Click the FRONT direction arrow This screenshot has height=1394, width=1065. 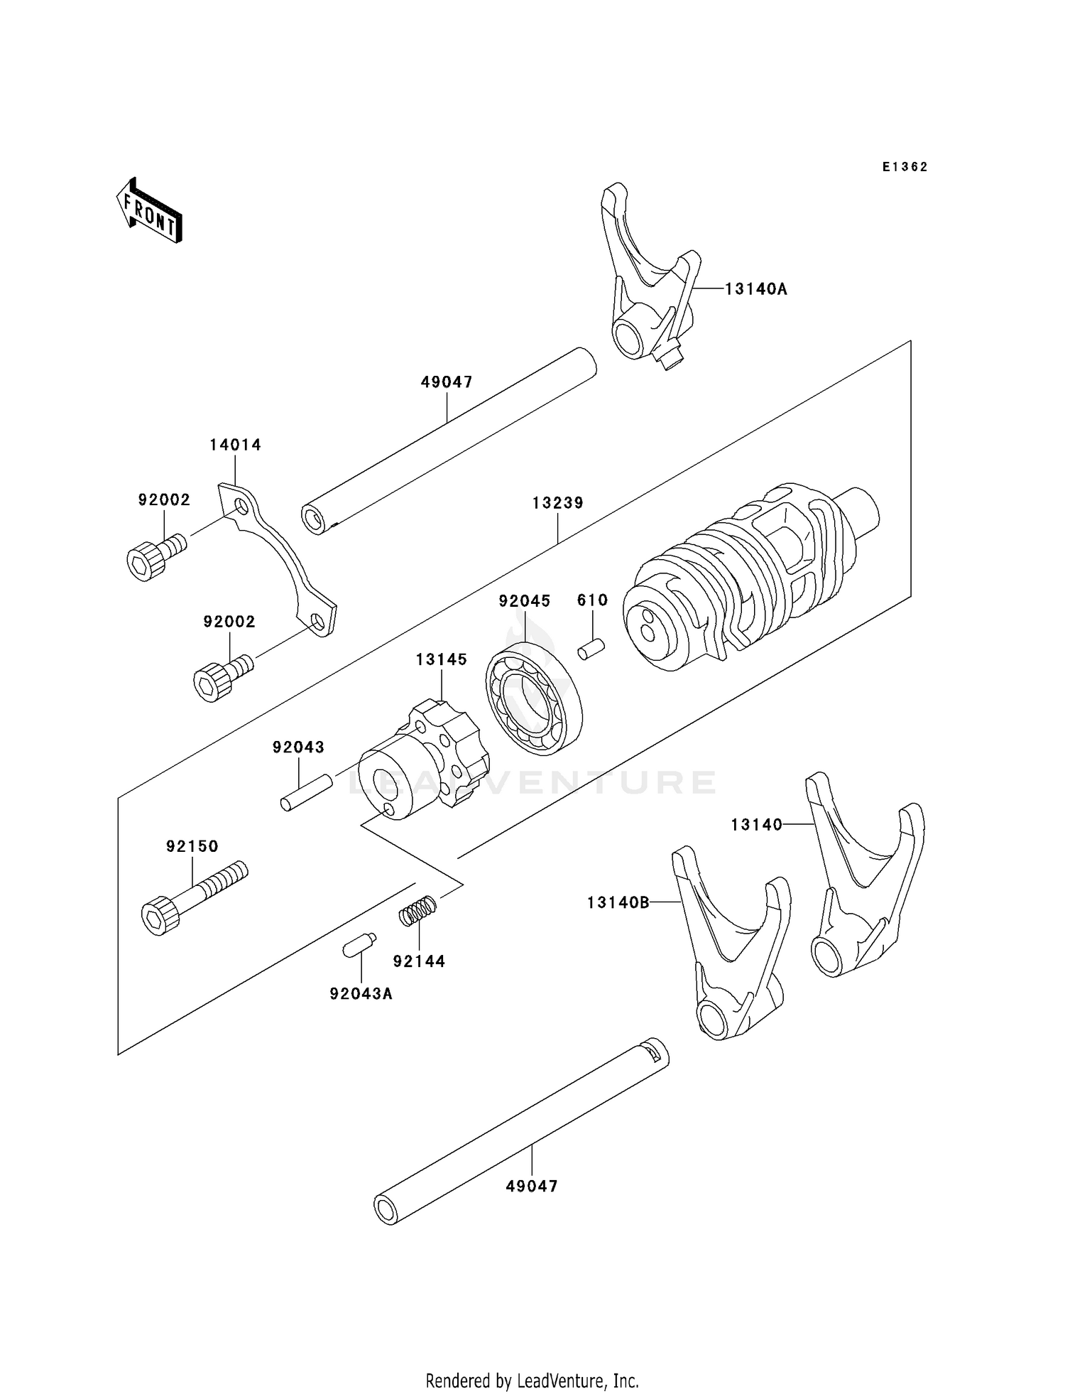pyautogui.click(x=150, y=211)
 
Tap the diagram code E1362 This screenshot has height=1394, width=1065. pyautogui.click(x=905, y=167)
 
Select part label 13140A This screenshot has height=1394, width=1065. pyautogui.click(x=756, y=289)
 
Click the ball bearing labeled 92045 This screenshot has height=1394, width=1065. pyautogui.click(x=534, y=698)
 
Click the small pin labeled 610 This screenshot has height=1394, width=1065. pyautogui.click(x=591, y=649)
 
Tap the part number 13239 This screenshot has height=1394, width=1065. pyautogui.click(x=557, y=503)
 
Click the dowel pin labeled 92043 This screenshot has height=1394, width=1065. pyautogui.click(x=306, y=792)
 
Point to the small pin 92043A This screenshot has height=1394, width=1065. pyautogui.click(x=359, y=946)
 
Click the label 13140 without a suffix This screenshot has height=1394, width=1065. pyautogui.click(x=756, y=824)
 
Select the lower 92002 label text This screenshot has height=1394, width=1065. pyautogui.click(x=229, y=622)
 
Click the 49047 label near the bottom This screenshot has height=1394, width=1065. pyautogui.click(x=532, y=1186)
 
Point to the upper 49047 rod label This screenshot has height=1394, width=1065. pyautogui.click(x=446, y=382)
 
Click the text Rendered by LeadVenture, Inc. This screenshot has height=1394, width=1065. pyautogui.click(x=532, y=1381)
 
